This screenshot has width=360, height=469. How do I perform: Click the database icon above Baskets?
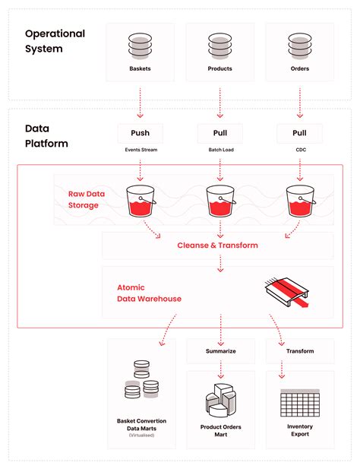click(140, 45)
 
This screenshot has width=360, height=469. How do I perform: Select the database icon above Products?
click(219, 45)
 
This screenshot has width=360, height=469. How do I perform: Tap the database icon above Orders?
click(299, 45)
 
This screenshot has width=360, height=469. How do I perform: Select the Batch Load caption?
click(219, 151)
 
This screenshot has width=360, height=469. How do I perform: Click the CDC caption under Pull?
click(299, 151)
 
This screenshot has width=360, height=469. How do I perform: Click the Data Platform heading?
click(46, 136)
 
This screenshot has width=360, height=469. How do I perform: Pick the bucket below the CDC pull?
click(299, 201)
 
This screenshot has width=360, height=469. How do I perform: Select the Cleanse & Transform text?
click(217, 245)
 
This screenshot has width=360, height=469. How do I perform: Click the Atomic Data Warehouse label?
click(149, 293)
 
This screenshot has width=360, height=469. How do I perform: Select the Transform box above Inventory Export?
click(299, 351)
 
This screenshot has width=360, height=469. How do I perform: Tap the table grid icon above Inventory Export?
click(299, 401)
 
